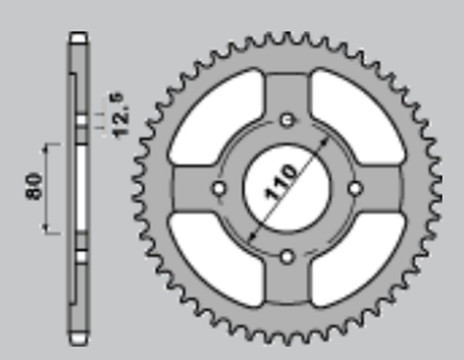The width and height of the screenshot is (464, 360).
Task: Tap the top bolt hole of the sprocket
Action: point(287,119)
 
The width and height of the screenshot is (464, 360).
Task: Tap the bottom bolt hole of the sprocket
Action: point(287,256)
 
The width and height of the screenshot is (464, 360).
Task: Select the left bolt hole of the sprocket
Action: point(219,188)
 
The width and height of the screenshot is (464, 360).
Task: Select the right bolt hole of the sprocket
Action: point(355,188)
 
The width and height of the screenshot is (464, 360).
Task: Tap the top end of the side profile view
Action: point(79,38)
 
